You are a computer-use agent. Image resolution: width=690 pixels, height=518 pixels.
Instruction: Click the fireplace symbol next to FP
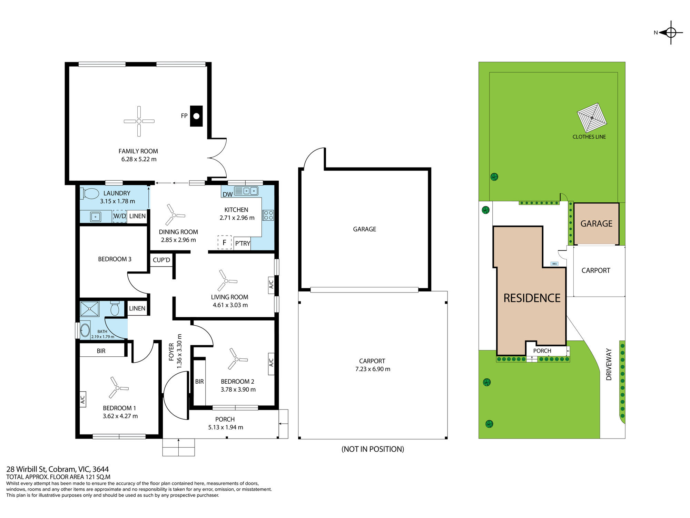[x=196, y=116]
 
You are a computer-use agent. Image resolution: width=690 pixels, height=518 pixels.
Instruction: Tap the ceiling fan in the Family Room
[x=139, y=121]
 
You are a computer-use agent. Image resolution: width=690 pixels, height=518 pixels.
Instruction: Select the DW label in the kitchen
[x=227, y=194]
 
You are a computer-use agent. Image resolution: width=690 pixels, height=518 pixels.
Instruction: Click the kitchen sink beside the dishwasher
[x=246, y=191]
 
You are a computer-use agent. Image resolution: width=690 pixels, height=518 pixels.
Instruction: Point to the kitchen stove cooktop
[x=268, y=215]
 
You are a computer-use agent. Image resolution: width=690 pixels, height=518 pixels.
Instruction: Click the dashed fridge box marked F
[x=224, y=242]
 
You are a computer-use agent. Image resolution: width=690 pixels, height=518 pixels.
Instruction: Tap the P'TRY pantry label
[x=243, y=243]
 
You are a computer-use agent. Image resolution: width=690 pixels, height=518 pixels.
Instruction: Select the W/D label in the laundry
[x=120, y=216]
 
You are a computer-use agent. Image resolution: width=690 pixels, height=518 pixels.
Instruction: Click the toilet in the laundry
[x=90, y=193]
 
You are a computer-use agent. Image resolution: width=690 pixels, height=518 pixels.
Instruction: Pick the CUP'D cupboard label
[x=161, y=260]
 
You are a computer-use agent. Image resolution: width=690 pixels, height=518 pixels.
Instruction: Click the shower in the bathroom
[x=90, y=309]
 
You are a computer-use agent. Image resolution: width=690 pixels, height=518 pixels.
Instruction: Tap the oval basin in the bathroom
[x=85, y=330]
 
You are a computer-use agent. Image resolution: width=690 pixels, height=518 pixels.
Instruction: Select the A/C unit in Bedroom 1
[x=83, y=399]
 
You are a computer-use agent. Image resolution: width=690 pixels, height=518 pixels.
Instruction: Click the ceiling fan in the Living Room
[x=226, y=281]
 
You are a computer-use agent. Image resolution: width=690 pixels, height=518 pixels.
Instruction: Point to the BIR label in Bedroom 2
[x=199, y=382]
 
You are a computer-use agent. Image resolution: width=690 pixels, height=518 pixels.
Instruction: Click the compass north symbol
[x=671, y=33]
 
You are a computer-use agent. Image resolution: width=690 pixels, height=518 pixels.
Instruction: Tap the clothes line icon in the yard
[x=592, y=118]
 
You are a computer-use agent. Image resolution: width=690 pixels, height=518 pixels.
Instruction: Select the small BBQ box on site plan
[x=554, y=263]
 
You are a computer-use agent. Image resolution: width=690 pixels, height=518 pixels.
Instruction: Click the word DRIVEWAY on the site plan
[x=609, y=364]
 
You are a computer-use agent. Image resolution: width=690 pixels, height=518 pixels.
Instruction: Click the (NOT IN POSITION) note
[x=373, y=449]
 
